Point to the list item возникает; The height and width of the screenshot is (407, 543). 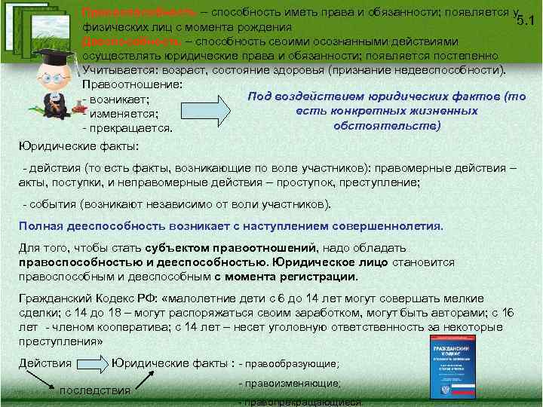pos(121,99)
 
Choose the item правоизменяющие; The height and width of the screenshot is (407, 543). pos(289,384)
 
